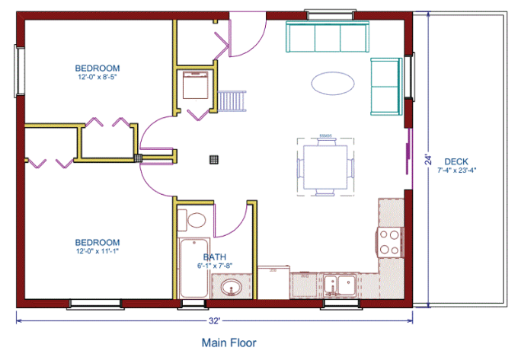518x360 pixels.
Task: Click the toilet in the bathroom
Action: (x=192, y=220)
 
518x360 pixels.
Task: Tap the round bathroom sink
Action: (x=232, y=288)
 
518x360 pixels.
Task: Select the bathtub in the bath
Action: (x=194, y=268)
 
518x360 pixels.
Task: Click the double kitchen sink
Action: (x=340, y=285)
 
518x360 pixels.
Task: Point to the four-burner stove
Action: (x=389, y=243)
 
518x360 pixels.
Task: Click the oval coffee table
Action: (x=333, y=84)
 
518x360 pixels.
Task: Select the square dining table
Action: (x=325, y=167)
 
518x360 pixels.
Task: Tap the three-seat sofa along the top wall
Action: (x=328, y=37)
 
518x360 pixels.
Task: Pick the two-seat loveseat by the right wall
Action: (x=386, y=87)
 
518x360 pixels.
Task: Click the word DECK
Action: (x=456, y=161)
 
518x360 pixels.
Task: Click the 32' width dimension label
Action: (x=214, y=320)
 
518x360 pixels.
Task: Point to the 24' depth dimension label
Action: (x=428, y=159)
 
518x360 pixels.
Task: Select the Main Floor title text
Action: (x=229, y=342)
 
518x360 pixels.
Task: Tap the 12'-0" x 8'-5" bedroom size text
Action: (x=98, y=77)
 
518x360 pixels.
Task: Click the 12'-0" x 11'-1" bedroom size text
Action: (x=98, y=251)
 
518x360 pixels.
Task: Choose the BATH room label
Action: (x=215, y=256)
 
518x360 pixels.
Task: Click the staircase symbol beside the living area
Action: (x=232, y=101)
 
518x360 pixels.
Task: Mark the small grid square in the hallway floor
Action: (x=214, y=160)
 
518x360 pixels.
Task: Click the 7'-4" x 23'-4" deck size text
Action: (x=457, y=170)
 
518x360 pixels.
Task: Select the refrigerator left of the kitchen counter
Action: (x=273, y=282)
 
